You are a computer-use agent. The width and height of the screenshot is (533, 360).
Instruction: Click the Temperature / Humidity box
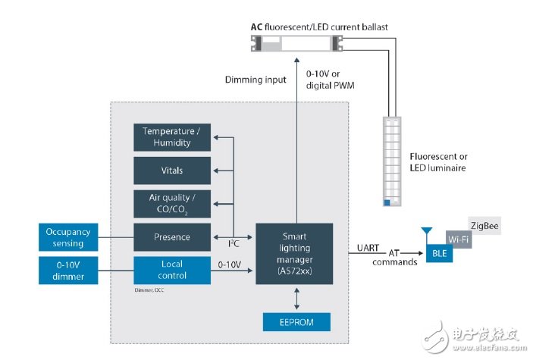tap(172, 137)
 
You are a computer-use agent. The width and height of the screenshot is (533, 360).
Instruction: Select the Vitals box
tap(172, 170)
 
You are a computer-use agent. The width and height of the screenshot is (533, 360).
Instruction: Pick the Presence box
tap(172, 236)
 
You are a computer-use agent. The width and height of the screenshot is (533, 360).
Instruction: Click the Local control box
tap(172, 270)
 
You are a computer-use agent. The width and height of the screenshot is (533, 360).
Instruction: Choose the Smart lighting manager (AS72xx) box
tap(294, 253)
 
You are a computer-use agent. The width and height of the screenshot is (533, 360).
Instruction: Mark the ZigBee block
tap(484, 227)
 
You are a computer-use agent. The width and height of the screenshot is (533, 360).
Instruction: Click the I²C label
tap(235, 244)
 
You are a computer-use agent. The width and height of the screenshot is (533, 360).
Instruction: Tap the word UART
tap(368, 248)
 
